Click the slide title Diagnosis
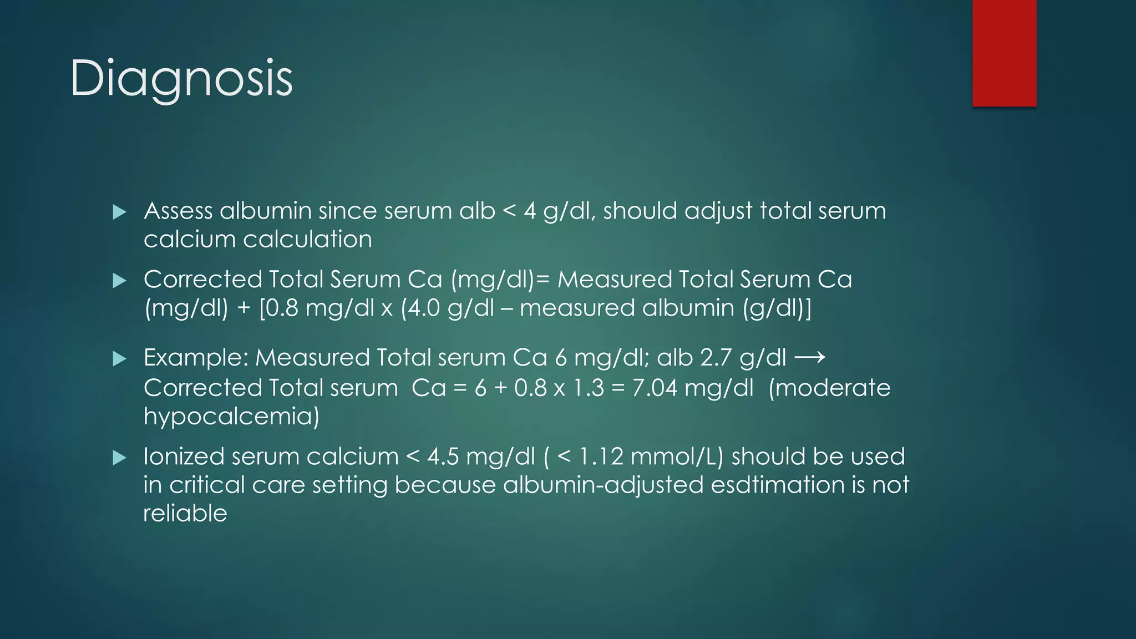(x=181, y=79)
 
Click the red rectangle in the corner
(x=1004, y=53)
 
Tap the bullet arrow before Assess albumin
(x=119, y=212)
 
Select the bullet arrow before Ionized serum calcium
(x=119, y=458)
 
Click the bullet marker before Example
(x=119, y=359)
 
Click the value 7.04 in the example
(x=654, y=388)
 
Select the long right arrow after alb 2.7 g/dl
(x=810, y=358)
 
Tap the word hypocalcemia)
(x=231, y=416)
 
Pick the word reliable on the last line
(x=185, y=513)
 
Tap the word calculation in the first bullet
(x=307, y=240)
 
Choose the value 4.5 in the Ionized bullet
(x=443, y=457)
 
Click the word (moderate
(x=829, y=388)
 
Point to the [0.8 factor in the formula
(x=278, y=308)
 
